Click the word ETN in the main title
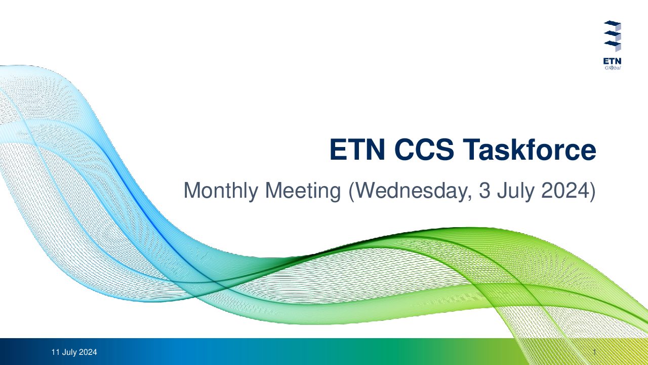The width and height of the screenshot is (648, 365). (357, 150)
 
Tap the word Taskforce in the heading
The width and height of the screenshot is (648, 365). (529, 150)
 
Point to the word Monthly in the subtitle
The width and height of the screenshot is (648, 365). (221, 191)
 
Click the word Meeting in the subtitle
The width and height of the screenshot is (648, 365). (303, 191)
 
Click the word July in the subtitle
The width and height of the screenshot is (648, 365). (515, 191)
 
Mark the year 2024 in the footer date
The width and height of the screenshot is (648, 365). (88, 352)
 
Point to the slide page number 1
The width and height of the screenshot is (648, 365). (594, 352)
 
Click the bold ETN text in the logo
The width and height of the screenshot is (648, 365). (612, 61)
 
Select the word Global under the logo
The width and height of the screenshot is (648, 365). (613, 68)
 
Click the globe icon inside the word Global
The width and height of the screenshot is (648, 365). (611, 68)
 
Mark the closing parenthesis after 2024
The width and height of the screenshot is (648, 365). (592, 191)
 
